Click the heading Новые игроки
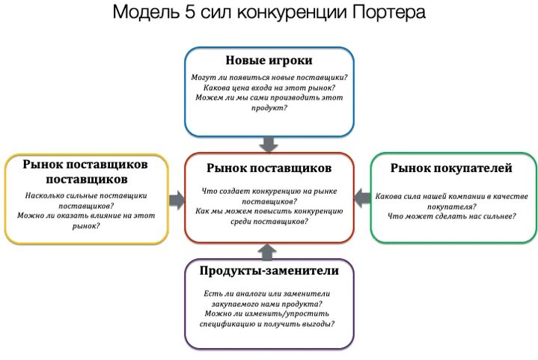coord(269,61)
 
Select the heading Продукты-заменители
coord(269,270)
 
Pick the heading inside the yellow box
coord(85,171)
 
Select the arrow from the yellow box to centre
coord(177,199)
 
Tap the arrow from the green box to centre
coord(361,198)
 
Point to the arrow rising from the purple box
coord(269,252)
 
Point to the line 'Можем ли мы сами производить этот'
coord(269,97)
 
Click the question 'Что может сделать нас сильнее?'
coord(452,216)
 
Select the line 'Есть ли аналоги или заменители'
coord(266,293)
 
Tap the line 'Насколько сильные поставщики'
coord(85,195)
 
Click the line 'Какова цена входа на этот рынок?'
coord(269,87)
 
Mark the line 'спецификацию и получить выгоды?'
coord(267,324)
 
